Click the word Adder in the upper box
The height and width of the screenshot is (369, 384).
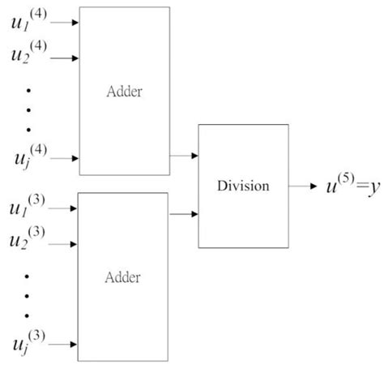point(124,90)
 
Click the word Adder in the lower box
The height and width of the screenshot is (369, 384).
point(124,277)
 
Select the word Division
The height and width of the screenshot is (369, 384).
point(242,186)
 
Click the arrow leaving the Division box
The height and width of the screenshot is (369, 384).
point(303,186)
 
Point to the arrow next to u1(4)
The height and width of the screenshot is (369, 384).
point(65,23)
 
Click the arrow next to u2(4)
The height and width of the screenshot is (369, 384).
point(65,58)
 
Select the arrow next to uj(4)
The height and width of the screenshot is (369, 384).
point(65,158)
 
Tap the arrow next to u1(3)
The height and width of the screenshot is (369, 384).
point(65,208)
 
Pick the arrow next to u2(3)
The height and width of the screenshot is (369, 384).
point(65,241)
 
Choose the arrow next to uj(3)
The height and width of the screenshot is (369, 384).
point(65,345)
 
